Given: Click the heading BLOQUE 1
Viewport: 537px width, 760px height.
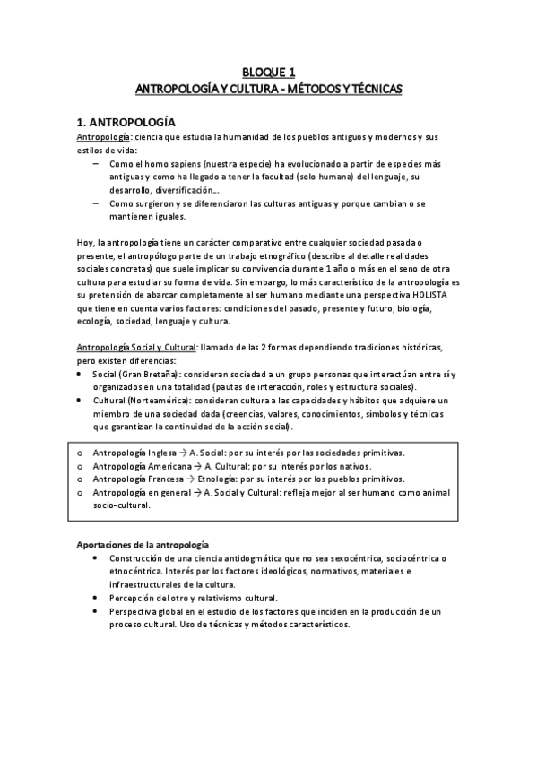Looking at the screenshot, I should point(268,73).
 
